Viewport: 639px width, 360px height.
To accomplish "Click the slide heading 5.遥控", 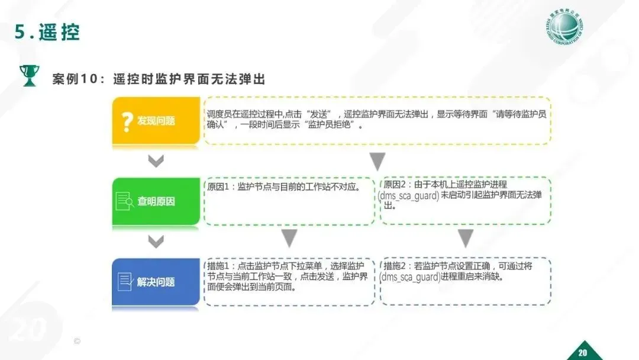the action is point(47,33).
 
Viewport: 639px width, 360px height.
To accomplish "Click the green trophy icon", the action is point(28,76).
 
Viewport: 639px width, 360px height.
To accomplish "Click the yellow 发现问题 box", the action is point(156,121).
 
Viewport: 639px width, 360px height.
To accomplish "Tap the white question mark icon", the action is point(126,121).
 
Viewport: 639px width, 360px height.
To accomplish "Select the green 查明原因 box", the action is point(156,201).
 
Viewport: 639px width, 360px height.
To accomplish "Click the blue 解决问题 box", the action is point(156,282).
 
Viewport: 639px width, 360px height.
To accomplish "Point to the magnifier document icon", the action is point(125,201).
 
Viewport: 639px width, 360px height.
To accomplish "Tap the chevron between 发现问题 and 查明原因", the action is point(156,161).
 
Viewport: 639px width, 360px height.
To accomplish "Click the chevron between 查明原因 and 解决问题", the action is point(156,241).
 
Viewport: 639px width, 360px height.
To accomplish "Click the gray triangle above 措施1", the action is point(289,238).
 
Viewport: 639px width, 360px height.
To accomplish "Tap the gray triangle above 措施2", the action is point(466,238).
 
